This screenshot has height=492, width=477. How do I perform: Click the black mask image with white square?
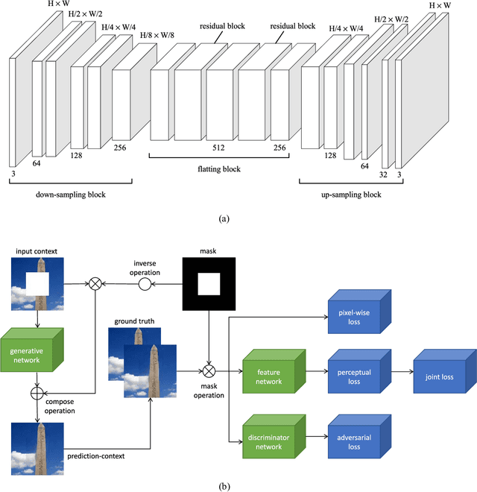(x=209, y=283)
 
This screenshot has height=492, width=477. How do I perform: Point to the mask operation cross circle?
(x=209, y=369)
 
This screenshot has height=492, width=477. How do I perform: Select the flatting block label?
(x=220, y=169)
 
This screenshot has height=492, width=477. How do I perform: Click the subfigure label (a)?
(x=224, y=218)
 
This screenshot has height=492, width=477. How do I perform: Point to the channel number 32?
(x=382, y=176)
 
